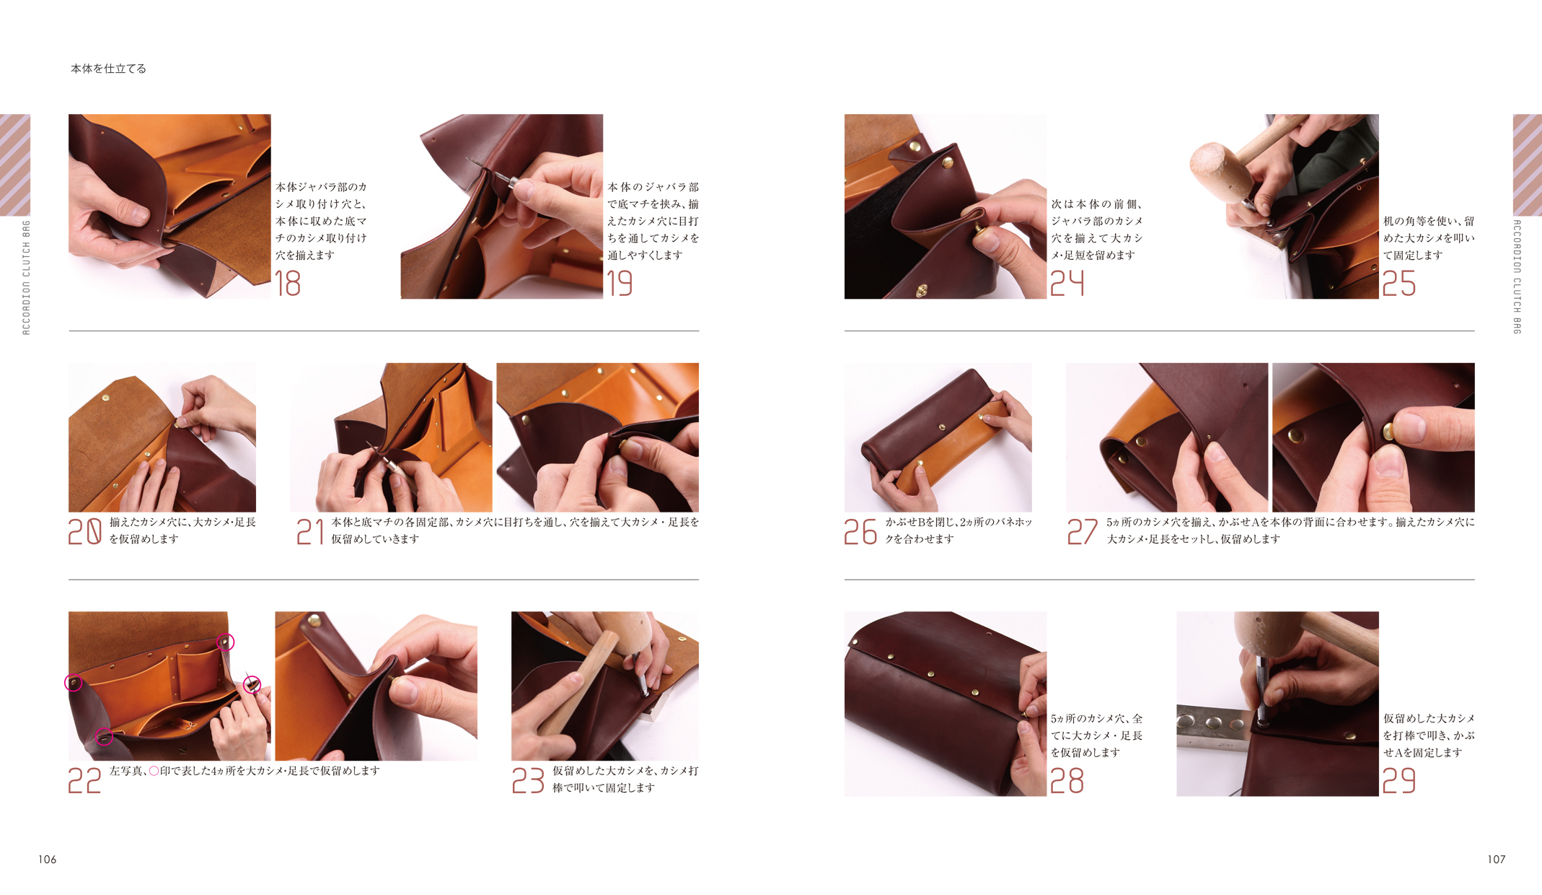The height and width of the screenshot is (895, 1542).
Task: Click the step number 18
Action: click(x=287, y=284)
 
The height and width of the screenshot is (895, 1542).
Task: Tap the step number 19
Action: click(x=620, y=284)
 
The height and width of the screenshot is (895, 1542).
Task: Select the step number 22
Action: click(x=84, y=781)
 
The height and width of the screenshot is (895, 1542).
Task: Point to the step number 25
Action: click(x=1398, y=284)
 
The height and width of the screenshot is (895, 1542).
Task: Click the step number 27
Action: click(x=1082, y=532)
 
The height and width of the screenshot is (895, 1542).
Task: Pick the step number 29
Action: click(x=1398, y=781)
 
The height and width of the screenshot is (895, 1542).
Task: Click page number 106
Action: click(x=48, y=859)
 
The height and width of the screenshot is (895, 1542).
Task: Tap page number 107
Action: click(x=1496, y=859)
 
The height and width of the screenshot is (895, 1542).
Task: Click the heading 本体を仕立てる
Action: click(x=108, y=69)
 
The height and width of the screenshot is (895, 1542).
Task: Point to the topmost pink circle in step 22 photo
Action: click(x=226, y=642)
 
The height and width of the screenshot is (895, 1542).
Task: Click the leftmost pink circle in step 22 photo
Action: click(x=74, y=682)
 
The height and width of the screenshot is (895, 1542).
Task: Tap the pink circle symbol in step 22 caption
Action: click(x=154, y=771)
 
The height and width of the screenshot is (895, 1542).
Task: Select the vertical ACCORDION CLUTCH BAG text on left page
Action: click(x=26, y=278)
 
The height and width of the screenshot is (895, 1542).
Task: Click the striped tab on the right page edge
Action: click(x=1527, y=165)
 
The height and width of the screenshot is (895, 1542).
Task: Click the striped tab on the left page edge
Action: click(x=15, y=165)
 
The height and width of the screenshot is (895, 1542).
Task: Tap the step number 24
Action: click(x=1067, y=284)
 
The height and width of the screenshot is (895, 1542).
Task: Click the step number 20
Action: click(x=84, y=532)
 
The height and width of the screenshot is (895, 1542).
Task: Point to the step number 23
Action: click(x=528, y=781)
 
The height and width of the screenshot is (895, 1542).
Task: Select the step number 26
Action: click(x=860, y=532)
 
